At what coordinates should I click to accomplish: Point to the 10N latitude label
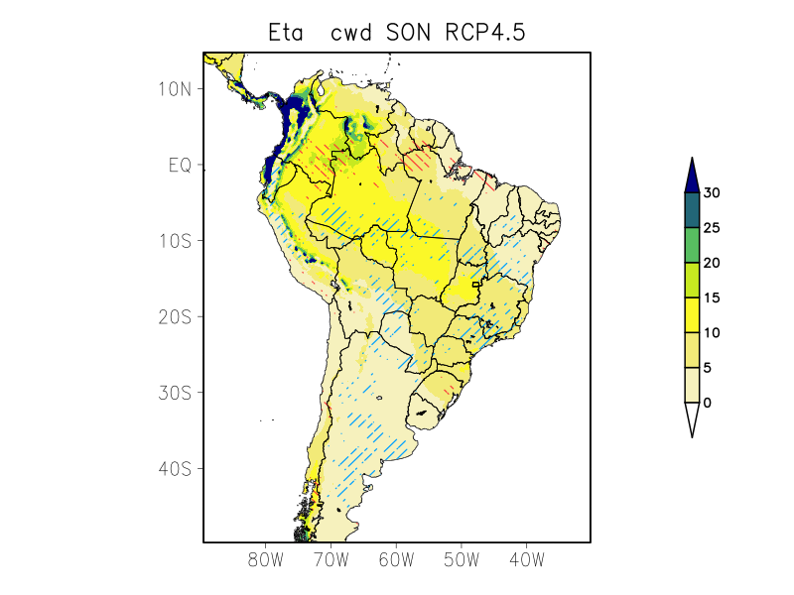pyautogui.click(x=175, y=88)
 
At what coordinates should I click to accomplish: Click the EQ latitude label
pyautogui.click(x=179, y=165)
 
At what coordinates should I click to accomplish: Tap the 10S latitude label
pyautogui.click(x=175, y=241)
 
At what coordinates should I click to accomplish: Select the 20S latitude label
pyautogui.click(x=175, y=316)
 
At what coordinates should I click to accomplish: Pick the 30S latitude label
pyautogui.click(x=175, y=393)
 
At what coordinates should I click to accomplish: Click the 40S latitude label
pyautogui.click(x=175, y=468)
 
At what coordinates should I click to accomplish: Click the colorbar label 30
pyautogui.click(x=711, y=193)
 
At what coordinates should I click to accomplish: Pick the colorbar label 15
pyautogui.click(x=711, y=297)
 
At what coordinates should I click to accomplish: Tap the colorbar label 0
pyautogui.click(x=707, y=403)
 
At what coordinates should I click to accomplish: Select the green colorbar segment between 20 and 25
pyautogui.click(x=692, y=245)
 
